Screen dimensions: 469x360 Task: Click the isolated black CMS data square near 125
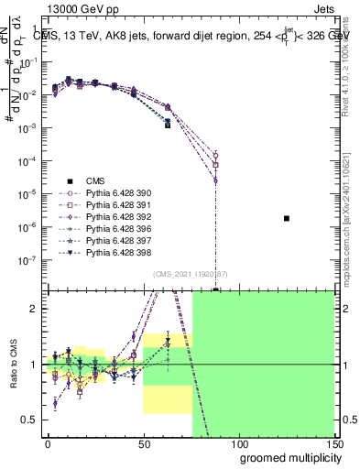287,218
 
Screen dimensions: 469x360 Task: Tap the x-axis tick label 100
239,443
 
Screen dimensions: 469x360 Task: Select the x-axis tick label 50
143,443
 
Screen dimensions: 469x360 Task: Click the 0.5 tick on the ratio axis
31,420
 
